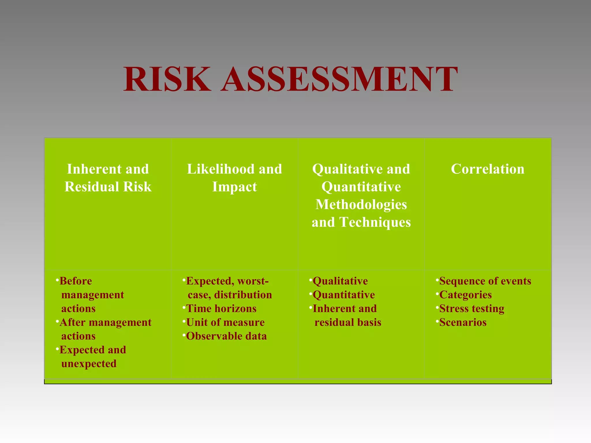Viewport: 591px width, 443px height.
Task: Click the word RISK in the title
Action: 167,79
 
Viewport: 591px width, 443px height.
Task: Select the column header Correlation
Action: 487,169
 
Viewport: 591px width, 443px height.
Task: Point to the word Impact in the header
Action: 234,187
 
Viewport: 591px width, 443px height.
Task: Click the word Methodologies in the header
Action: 361,204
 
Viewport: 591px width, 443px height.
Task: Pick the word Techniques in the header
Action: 375,222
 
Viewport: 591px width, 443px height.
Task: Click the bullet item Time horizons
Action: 221,309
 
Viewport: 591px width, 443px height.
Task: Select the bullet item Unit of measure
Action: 225,322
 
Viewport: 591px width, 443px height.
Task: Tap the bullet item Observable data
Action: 226,336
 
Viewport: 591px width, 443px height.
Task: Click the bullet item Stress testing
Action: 472,309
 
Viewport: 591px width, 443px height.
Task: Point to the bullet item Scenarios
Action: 463,322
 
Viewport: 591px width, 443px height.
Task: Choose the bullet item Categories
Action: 465,295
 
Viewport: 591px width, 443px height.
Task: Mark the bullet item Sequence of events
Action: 485,281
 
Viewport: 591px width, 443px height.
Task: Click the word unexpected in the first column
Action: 89,364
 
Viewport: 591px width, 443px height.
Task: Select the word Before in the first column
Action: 76,281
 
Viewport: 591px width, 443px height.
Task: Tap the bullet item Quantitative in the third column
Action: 343,295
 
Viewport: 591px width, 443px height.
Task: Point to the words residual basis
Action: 348,322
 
